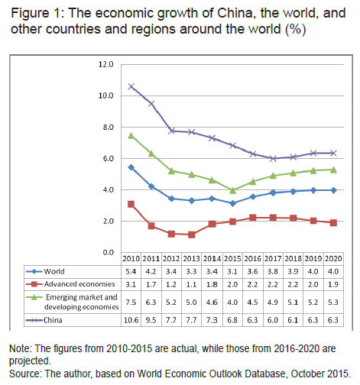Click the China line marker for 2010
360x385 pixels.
[131, 86]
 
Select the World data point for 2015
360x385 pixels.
[232, 203]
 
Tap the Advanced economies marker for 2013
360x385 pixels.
[192, 235]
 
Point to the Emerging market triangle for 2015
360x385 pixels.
[232, 190]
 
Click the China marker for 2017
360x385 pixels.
[273, 158]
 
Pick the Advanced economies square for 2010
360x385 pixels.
[131, 204]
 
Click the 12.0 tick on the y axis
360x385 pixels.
[105, 64]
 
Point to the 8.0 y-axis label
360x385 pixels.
[108, 128]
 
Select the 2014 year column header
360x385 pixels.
[212, 259]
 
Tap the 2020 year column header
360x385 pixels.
[333, 259]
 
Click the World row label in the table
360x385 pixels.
[54, 271]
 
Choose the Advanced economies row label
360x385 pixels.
[79, 284]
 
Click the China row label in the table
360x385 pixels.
[53, 320]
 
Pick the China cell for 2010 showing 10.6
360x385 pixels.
[131, 320]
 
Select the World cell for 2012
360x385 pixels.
[171, 271]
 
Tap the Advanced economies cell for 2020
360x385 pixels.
[333, 284]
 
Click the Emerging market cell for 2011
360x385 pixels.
[151, 302]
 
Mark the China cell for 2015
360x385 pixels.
[232, 320]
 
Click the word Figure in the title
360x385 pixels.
[30, 13]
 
